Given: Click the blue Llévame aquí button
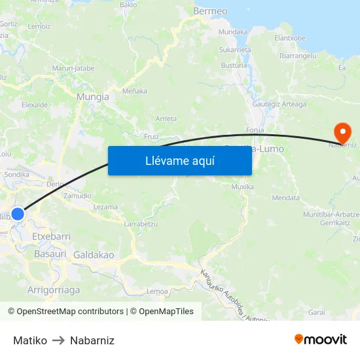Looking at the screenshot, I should pyautogui.click(x=179, y=160).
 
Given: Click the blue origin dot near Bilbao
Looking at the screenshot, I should pyautogui.click(x=18, y=214).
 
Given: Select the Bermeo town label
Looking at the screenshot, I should pyautogui.click(x=210, y=11).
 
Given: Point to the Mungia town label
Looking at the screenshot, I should pyautogui.click(x=93, y=97).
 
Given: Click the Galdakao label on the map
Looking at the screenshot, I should pyautogui.click(x=94, y=255).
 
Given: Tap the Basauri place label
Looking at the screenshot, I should pyautogui.click(x=50, y=253).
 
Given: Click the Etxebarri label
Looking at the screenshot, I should pyautogui.click(x=51, y=236).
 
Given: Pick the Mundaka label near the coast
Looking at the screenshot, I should pyautogui.click(x=233, y=31).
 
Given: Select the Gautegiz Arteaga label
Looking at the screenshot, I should pyautogui.click(x=279, y=104).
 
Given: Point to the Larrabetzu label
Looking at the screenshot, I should pyautogui.click(x=140, y=223).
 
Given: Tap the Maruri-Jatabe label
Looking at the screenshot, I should pyautogui.click(x=73, y=67).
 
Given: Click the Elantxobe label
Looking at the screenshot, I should pyautogui.click(x=290, y=38).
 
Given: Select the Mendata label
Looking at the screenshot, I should pyautogui.click(x=285, y=198).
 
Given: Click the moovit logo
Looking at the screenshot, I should pyautogui.click(x=321, y=340).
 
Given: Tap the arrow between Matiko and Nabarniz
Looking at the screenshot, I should pyautogui.click(x=58, y=340).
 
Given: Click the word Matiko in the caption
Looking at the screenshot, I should pyautogui.click(x=30, y=340).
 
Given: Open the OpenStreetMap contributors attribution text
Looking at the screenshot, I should pyautogui.click(x=70, y=312).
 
